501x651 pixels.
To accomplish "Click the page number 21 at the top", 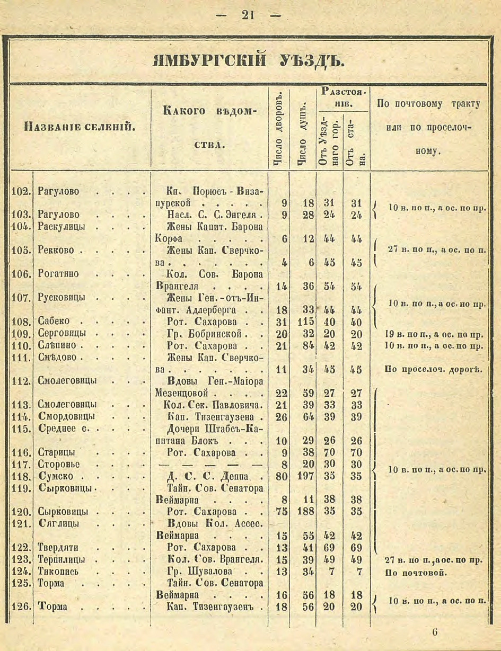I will (x=248, y=15).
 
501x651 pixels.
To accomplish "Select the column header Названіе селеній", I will (x=81, y=127).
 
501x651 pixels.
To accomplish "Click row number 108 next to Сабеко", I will (x=21, y=322).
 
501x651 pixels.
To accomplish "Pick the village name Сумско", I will (x=56, y=476).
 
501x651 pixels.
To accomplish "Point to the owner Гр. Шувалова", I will (x=205, y=572).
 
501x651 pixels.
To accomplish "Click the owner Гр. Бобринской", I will (x=207, y=334).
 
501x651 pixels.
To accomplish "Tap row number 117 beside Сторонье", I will (x=21, y=464).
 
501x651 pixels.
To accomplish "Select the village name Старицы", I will (x=56, y=452).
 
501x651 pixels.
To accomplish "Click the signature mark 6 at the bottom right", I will (x=434, y=632).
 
